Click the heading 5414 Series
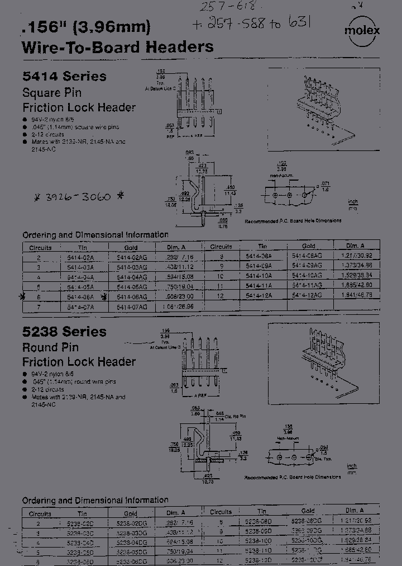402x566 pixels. pyautogui.click(x=64, y=76)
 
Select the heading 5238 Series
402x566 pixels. pyautogui.click(x=64, y=332)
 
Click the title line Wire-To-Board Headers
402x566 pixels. pyautogui.click(x=117, y=47)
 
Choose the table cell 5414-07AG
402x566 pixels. pyautogui.click(x=136, y=306)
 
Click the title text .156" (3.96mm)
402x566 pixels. pyautogui.click(x=85, y=26)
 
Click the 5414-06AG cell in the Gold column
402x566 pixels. pyautogui.click(x=136, y=296)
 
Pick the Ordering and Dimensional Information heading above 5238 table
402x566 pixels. pyautogui.click(x=95, y=500)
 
